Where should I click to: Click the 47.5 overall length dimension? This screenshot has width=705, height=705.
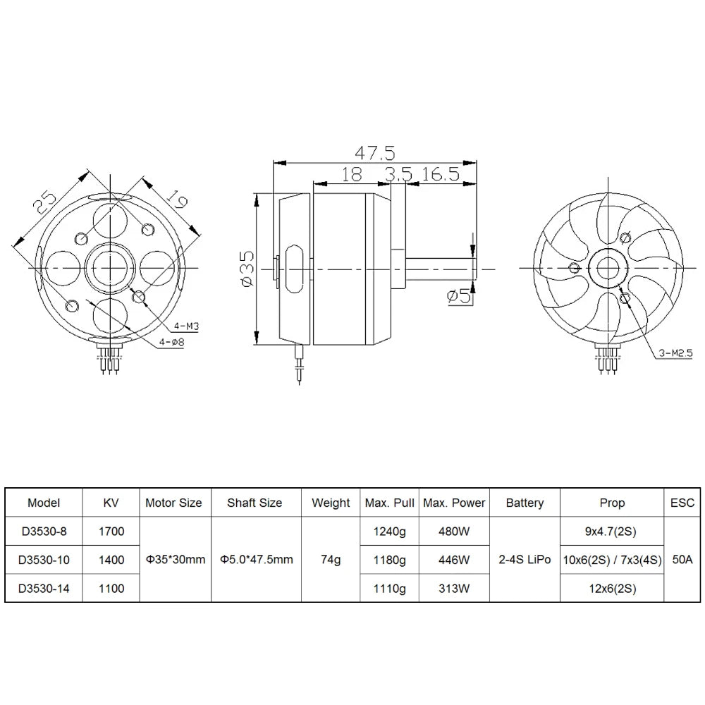pos(374,152)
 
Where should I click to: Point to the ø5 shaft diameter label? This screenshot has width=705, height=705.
pos(459,297)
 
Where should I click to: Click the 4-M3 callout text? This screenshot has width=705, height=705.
pos(185,326)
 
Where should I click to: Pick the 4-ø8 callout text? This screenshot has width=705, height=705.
pos(171,343)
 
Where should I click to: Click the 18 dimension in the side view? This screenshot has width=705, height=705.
pos(351,175)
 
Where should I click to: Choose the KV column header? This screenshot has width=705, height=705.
pos(111,503)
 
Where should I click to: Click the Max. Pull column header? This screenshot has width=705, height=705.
pos(389,503)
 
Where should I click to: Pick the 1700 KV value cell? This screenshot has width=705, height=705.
pos(111,532)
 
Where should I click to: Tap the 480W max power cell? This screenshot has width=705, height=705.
pos(454,532)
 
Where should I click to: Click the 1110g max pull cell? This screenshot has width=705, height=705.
pos(389,588)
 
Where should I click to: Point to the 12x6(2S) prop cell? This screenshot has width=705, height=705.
pos(611,588)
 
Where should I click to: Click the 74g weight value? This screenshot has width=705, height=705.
pos(330,560)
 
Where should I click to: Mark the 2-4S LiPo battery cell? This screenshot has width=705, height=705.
pos(525,560)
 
